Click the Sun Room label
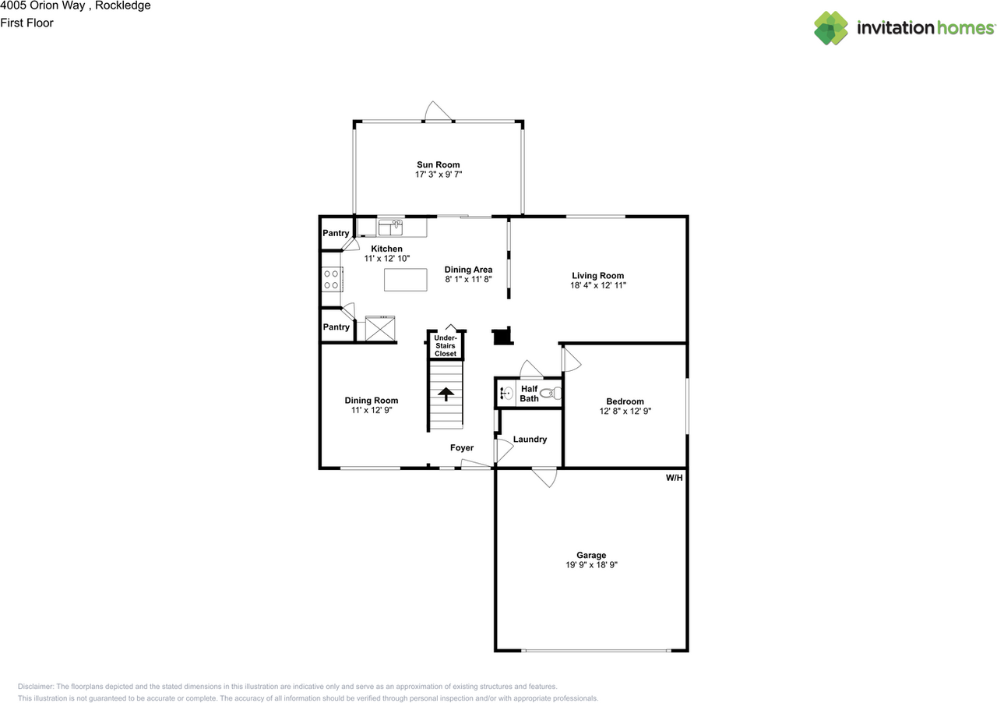pos(438,164)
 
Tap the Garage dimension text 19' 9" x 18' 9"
pos(591,565)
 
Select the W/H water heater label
pos(674,478)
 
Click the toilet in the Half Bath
pos(551,394)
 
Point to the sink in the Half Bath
pos(505,394)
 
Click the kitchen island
pos(406,280)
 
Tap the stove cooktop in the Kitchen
pos(331,279)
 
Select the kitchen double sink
pos(390,227)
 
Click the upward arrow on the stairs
pos(446,394)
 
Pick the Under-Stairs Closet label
pos(446,345)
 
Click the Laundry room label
pos(530,440)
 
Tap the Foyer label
pos(462,448)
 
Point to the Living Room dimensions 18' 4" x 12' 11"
pos(597,285)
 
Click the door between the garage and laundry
pos(544,476)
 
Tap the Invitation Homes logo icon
pos(831,28)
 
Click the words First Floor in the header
pos(27,23)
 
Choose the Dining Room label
pos(372,401)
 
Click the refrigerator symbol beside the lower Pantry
pos(380,328)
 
